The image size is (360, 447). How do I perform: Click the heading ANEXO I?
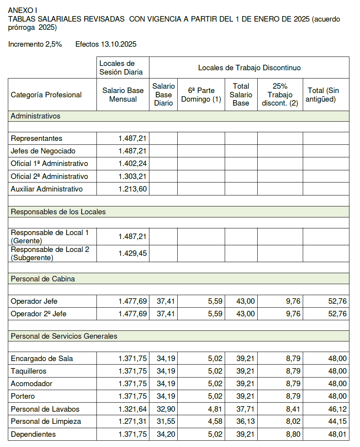tap(23, 10)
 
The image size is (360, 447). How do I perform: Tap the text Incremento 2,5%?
tap(35, 44)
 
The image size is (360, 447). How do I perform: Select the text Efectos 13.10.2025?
tap(106, 44)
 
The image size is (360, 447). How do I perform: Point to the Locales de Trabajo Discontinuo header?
tap(249, 68)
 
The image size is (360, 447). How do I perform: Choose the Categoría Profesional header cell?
tap(46, 95)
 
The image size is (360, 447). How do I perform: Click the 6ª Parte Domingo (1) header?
tap(201, 95)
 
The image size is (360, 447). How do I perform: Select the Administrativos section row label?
tap(36, 116)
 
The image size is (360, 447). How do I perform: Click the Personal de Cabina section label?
tap(43, 279)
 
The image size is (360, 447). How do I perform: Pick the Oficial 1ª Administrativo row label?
tap(49, 164)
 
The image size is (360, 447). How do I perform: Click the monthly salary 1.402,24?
tap(133, 164)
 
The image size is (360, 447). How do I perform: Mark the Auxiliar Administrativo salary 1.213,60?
tap(133, 189)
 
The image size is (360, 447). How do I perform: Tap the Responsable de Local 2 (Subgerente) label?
tap(50, 254)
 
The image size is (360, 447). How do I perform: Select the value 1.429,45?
tap(133, 254)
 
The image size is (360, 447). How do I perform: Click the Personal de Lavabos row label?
tap(45, 409)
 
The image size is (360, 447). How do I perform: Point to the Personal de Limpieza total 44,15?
tap(337, 421)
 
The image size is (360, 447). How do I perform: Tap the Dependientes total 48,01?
tap(337, 434)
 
